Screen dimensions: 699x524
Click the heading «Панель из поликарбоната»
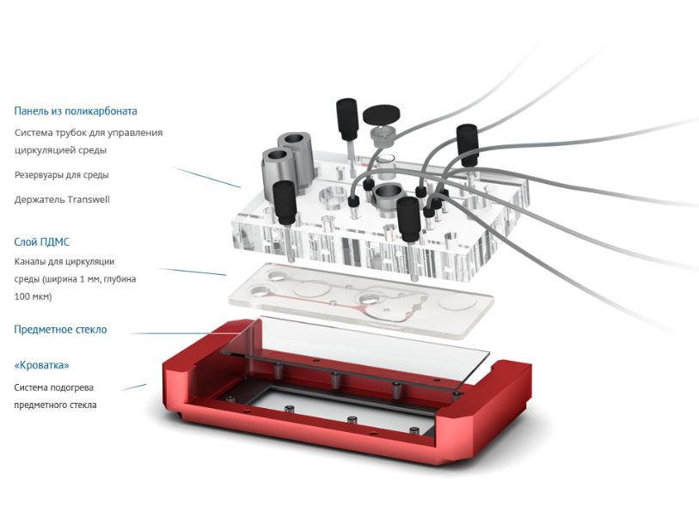click(x=76, y=111)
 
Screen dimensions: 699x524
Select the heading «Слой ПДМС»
click(x=42, y=242)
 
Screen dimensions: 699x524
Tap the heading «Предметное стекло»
click(x=61, y=330)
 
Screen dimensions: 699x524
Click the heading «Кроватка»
click(x=42, y=365)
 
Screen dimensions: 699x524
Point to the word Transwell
click(x=89, y=199)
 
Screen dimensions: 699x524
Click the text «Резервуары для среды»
click(x=62, y=174)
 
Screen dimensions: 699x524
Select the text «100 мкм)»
click(x=33, y=296)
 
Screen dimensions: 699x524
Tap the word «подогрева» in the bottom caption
click(x=73, y=387)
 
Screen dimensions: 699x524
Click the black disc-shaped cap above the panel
click(x=381, y=114)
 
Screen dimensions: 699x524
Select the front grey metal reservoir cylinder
click(x=278, y=172)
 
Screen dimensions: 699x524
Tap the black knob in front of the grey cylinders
click(x=284, y=201)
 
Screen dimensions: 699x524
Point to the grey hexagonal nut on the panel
click(x=389, y=196)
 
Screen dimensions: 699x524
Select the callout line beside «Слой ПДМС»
click(x=192, y=271)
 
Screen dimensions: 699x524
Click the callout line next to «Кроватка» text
click(x=133, y=387)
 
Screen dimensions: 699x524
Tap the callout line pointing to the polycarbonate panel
click(x=206, y=177)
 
